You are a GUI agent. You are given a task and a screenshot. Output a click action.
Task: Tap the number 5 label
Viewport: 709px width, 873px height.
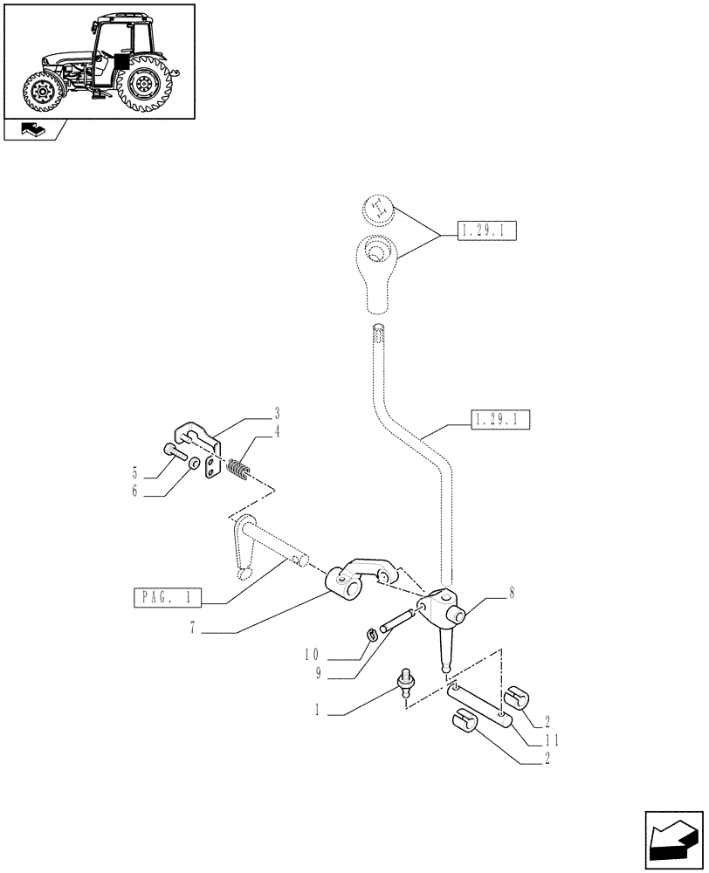point(135,473)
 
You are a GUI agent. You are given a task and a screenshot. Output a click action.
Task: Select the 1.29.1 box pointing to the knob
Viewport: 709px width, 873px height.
point(486,231)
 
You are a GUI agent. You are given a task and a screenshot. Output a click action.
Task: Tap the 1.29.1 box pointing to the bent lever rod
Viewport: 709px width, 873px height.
point(501,421)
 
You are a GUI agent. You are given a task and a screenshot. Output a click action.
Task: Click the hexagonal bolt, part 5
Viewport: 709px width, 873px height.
point(172,452)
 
